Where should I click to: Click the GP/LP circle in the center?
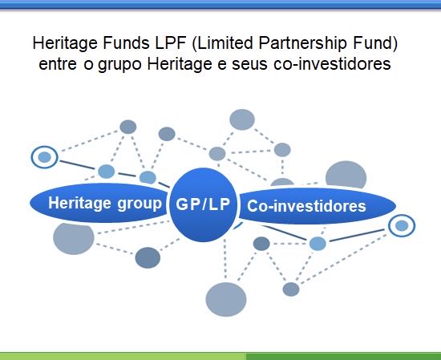203,204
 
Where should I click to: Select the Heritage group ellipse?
99,203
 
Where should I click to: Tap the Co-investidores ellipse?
318,206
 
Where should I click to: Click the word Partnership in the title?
302,43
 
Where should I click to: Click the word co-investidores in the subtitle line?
332,64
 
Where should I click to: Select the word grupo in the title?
119,64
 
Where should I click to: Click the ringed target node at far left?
44,157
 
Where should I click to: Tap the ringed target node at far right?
402,225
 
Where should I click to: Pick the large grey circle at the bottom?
226,299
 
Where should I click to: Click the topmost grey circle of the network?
242,119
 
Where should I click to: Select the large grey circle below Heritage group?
74,238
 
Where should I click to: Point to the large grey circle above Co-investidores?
346,175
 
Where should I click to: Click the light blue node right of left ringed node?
107,172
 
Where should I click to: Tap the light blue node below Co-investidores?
318,244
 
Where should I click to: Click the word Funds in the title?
126,42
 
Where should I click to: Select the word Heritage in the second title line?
180,64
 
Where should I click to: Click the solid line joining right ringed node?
357,236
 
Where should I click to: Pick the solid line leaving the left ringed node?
77,165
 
